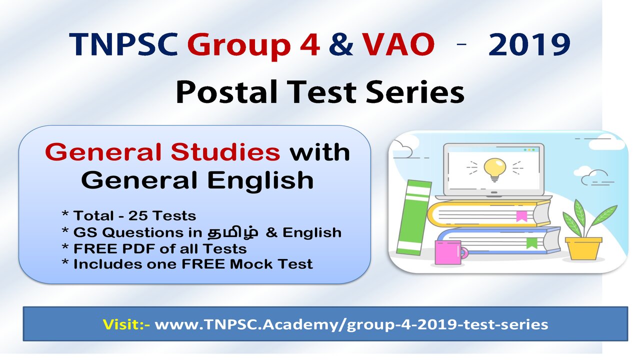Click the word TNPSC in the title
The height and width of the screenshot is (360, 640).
click(123, 44)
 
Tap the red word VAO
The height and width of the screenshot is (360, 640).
click(398, 44)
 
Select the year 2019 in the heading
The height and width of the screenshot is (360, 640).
click(529, 44)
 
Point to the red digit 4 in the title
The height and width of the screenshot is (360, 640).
click(309, 44)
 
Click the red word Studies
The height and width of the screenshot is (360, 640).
click(225, 151)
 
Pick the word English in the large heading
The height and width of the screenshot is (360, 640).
click(260, 181)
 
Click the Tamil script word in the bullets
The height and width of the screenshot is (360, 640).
click(232, 232)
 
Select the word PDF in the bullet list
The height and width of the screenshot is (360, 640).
click(139, 248)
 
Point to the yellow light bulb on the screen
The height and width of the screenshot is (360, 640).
click(494, 169)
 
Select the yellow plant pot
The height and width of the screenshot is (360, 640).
click(583, 248)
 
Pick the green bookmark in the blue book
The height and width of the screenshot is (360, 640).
click(531, 243)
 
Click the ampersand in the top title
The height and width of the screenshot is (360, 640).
click(341, 44)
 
